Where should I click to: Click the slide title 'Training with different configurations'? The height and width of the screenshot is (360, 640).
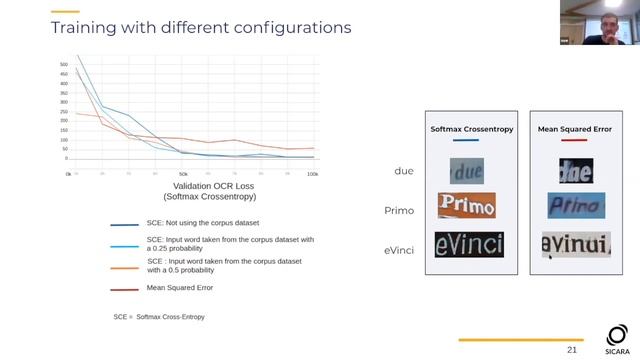200,27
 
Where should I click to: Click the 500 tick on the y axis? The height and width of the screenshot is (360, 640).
63,65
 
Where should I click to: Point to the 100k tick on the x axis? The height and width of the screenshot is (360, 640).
312,174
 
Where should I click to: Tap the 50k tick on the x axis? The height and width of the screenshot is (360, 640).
183,174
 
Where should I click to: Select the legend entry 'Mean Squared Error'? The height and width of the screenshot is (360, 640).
180,288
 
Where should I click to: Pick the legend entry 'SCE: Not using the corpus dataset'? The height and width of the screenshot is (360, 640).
213,224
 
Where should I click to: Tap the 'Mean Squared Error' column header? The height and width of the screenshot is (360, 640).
573,129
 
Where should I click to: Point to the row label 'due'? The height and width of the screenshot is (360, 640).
404,171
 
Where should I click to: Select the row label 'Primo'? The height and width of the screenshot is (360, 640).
399,210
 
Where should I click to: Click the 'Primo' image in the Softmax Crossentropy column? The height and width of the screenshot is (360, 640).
466,206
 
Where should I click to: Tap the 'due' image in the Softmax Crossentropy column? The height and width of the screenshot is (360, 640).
466,171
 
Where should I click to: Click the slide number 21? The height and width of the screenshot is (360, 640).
572,350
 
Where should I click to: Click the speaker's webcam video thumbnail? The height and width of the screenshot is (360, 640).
599,22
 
